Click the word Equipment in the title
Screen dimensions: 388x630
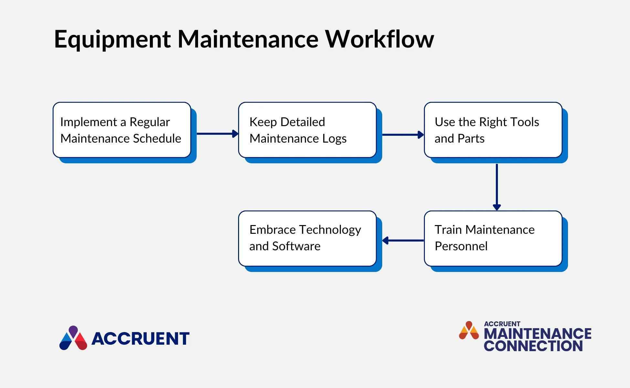(x=112, y=39)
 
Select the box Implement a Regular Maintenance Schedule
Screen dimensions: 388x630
(x=122, y=130)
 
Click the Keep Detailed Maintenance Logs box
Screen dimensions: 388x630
(x=307, y=130)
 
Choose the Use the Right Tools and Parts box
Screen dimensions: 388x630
(x=493, y=130)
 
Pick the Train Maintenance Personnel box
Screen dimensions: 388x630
(x=493, y=239)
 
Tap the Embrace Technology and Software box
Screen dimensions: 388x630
(x=307, y=239)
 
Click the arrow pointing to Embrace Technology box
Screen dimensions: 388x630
(x=403, y=241)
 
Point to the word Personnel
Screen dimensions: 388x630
(x=461, y=246)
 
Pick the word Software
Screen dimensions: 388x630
(x=296, y=246)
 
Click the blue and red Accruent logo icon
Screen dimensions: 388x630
(x=73, y=338)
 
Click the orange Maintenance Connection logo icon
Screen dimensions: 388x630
(x=469, y=330)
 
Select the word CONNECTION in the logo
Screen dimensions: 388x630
(x=533, y=346)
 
